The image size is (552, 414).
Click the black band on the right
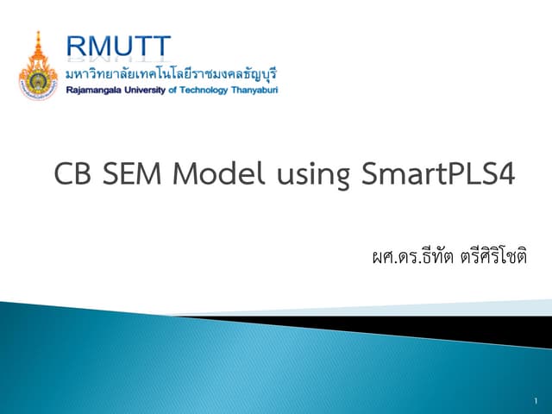(483, 327)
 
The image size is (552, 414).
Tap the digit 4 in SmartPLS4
(507, 175)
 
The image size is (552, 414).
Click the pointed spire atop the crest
(37, 37)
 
